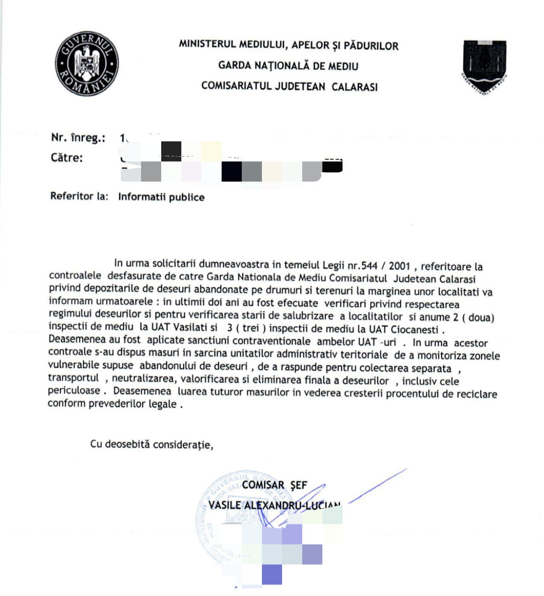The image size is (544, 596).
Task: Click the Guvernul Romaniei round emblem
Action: [x=87, y=63]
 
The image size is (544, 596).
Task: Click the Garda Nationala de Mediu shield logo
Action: [x=485, y=66]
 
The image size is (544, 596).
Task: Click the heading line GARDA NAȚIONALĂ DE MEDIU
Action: [x=288, y=65]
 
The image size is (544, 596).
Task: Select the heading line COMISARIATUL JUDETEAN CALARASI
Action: [x=289, y=86]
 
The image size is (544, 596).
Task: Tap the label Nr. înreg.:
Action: [x=78, y=138]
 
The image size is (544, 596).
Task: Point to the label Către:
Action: [x=67, y=158]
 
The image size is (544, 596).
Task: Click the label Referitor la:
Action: [x=79, y=196]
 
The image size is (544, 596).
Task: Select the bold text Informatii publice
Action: [x=161, y=197]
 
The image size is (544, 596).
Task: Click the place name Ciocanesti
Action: [x=414, y=329]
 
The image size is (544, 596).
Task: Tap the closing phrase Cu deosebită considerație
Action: [x=151, y=444]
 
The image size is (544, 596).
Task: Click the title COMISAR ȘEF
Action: [x=274, y=485]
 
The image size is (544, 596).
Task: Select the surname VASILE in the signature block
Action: [x=225, y=505]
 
